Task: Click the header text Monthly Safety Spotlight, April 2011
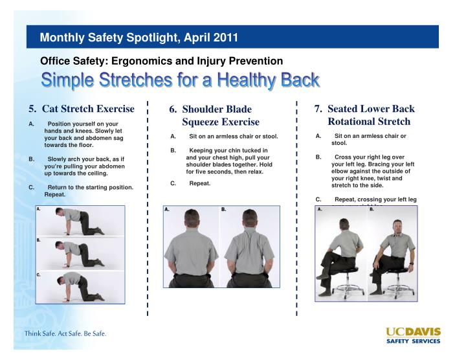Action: click(x=139, y=38)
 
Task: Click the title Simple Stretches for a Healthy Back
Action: click(x=180, y=80)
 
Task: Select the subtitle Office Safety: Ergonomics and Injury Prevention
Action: click(x=161, y=61)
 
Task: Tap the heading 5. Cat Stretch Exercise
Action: click(x=81, y=109)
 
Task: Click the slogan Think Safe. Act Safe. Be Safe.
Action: click(x=65, y=334)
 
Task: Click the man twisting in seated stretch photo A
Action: click(x=341, y=254)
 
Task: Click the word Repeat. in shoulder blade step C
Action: click(x=200, y=183)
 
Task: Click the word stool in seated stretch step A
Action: click(x=339, y=143)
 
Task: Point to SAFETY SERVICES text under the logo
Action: click(x=413, y=341)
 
